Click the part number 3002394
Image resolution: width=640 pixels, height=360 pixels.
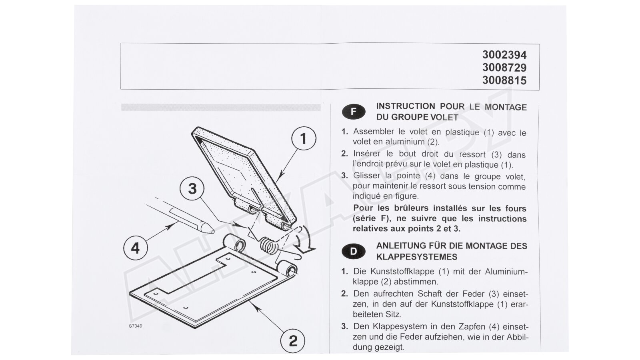coord(504,54)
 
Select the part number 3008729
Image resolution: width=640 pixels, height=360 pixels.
coord(504,68)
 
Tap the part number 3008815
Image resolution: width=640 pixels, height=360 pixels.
coord(504,80)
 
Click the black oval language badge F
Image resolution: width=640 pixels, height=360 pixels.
coord(354,112)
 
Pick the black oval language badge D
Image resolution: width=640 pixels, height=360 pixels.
coord(354,252)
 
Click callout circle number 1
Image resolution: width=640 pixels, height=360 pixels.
coord(304,138)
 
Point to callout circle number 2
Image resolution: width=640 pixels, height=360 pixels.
coord(293,341)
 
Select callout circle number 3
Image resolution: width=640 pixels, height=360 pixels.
coord(192,189)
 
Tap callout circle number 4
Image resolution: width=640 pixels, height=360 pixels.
coord(136,248)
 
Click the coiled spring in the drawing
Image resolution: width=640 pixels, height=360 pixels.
coord(268,246)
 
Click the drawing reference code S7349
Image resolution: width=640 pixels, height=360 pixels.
coord(136,326)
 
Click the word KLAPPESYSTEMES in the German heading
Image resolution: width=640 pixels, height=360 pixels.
coord(417,257)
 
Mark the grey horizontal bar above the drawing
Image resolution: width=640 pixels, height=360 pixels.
coord(221,107)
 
